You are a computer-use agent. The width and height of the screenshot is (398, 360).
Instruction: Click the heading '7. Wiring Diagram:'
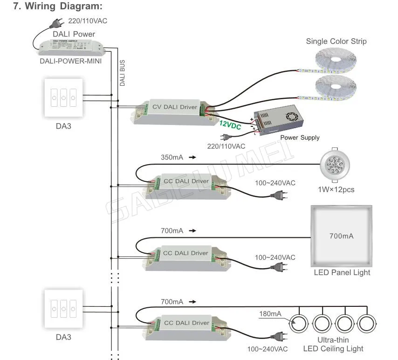[57, 7]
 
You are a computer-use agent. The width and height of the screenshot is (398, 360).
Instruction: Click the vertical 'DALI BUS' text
[123, 73]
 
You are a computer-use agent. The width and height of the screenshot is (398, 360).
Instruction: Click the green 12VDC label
[230, 124]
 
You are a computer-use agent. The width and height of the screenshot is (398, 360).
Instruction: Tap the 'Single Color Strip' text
[336, 42]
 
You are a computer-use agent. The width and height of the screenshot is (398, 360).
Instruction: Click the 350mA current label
[172, 158]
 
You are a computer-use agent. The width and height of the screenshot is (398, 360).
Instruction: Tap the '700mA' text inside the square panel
[341, 236]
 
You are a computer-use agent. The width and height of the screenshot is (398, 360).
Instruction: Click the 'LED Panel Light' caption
[342, 272]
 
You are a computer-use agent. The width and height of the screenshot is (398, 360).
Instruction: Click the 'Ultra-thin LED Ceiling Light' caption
[333, 344]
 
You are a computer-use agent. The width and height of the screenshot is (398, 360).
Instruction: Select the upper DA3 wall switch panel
[64, 98]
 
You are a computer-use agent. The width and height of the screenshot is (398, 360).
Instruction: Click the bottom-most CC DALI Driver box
[186, 326]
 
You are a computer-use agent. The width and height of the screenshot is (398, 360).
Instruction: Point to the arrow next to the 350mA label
[192, 158]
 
